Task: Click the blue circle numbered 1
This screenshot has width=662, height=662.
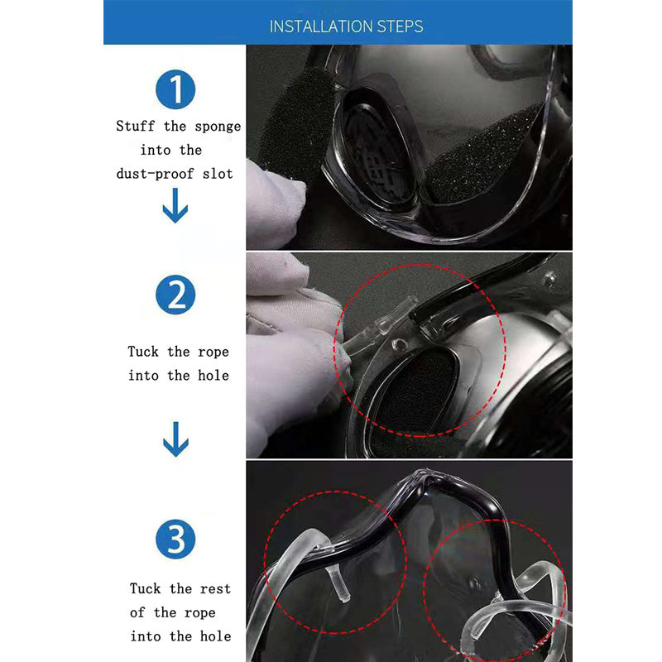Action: click(175, 89)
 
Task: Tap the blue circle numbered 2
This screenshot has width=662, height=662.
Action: click(175, 295)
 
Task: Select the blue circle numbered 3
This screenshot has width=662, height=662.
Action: click(175, 540)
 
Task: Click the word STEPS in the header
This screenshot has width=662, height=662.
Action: click(401, 26)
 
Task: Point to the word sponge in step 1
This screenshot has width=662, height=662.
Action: click(218, 127)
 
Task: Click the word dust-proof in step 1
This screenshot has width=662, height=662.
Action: click(155, 174)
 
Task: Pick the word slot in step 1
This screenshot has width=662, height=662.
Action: click(218, 174)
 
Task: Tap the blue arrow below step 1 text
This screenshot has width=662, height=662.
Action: click(175, 205)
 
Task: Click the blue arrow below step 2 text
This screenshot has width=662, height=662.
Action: click(175, 439)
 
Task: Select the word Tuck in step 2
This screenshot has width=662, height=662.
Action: click(143, 352)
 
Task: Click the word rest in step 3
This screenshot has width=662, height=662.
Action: click(215, 589)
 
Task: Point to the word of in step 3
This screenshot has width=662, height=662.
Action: click(137, 612)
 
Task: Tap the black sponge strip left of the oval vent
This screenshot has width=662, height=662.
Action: click(298, 127)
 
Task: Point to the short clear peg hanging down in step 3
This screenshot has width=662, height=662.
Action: click(338, 585)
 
